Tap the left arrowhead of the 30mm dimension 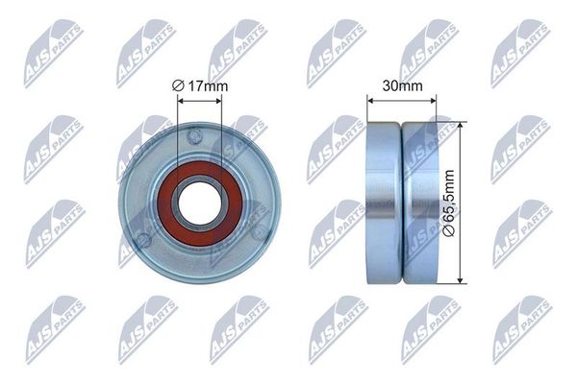(370, 99)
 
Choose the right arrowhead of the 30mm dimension (435, 99)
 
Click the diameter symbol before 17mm (178, 87)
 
